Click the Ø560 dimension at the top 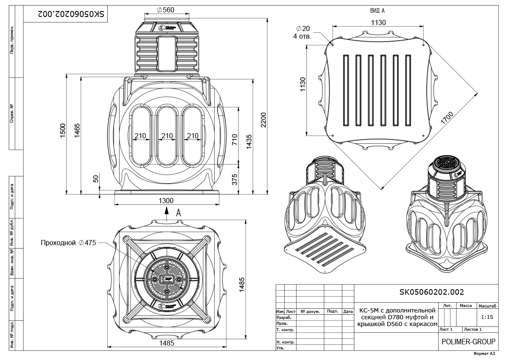165,10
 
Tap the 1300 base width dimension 167,201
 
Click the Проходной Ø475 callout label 68,243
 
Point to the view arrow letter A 179,213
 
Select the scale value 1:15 487,316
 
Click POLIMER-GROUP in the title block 468,341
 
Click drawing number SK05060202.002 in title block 432,292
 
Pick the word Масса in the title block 466,305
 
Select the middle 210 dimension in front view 167,136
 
